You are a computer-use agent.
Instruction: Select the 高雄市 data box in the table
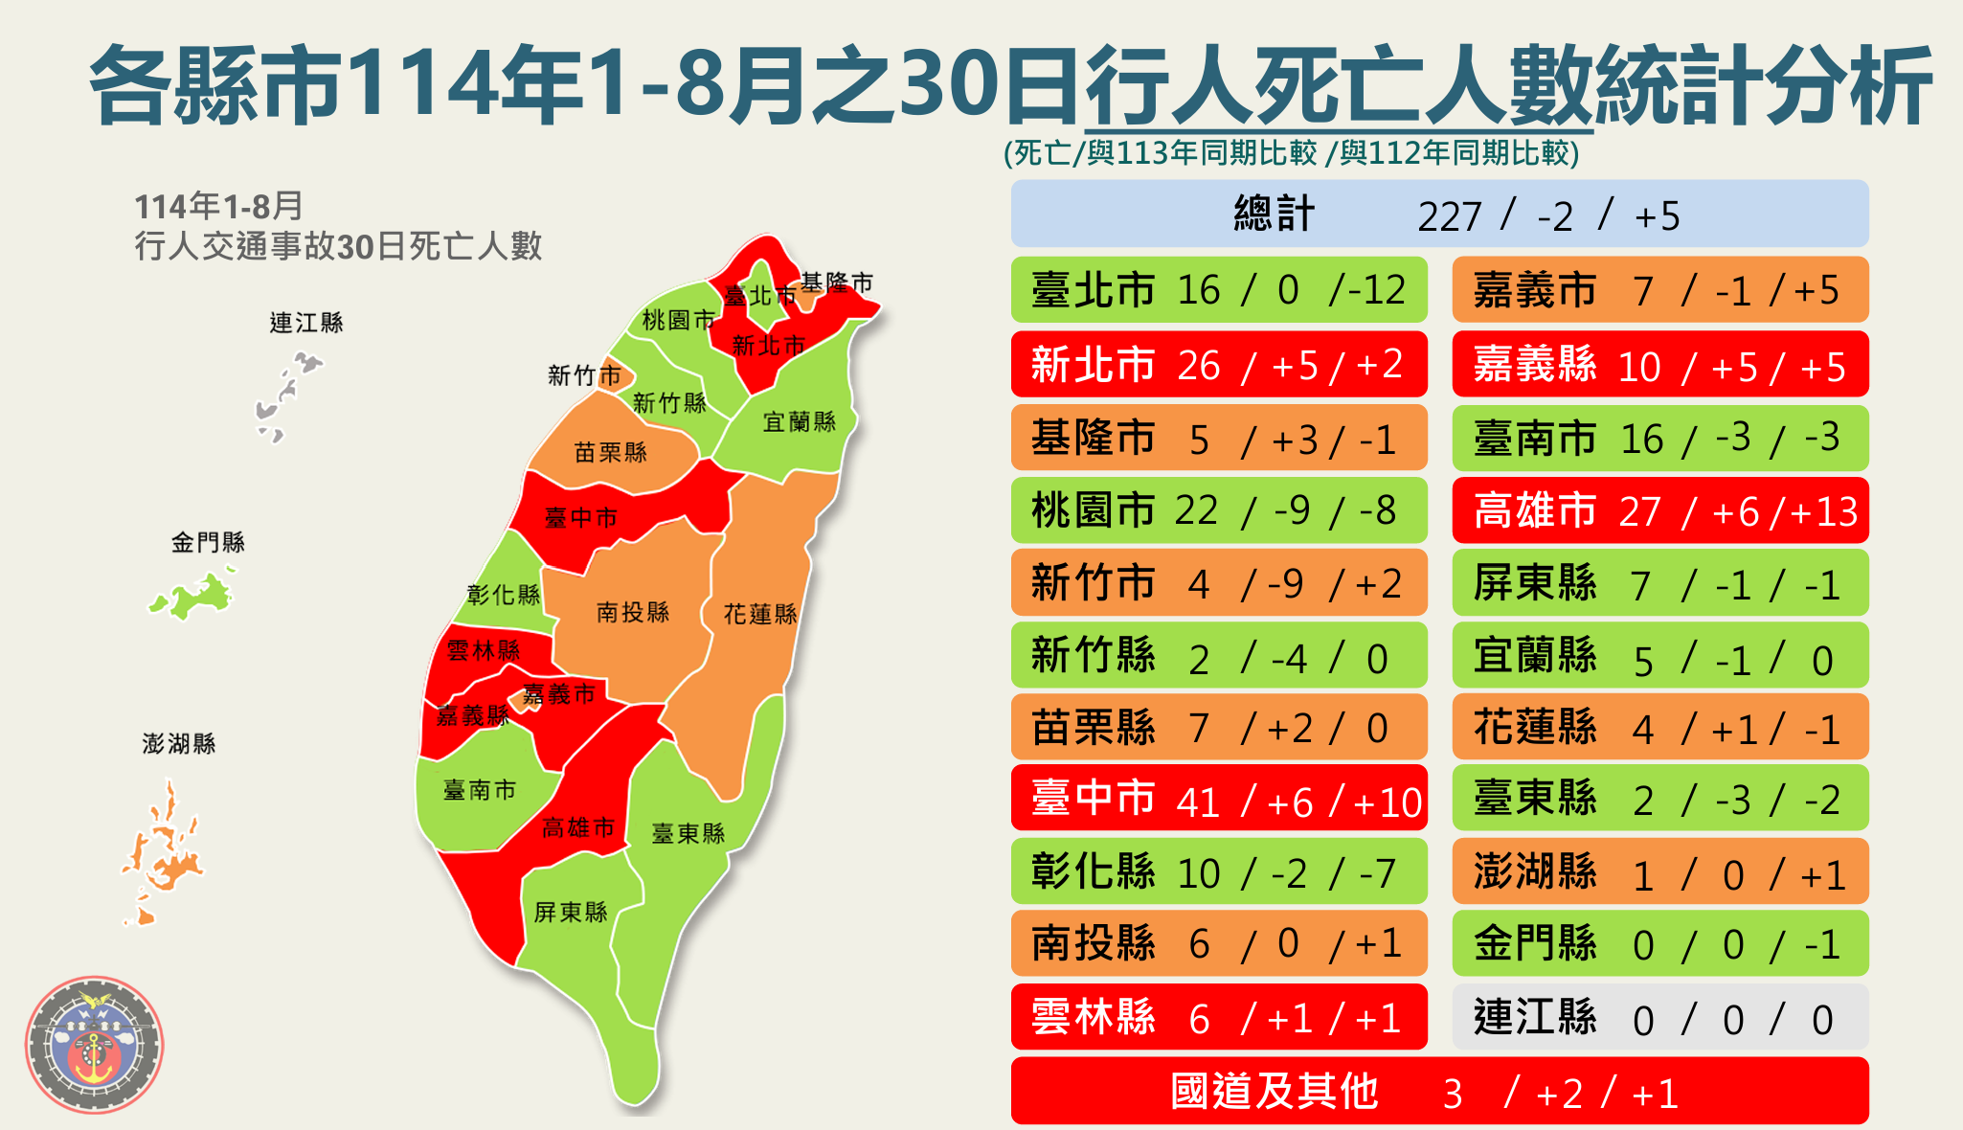[1660, 510]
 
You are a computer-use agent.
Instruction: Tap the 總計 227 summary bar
[1439, 214]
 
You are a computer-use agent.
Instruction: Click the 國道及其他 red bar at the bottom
[1439, 1091]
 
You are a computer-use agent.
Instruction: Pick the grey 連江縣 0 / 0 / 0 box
[1660, 1018]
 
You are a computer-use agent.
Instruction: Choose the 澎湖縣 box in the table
[1660, 871]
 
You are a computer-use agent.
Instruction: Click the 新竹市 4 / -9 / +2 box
[1219, 582]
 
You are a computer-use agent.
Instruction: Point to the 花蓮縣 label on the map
[760, 614]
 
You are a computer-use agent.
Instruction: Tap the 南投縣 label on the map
[633, 612]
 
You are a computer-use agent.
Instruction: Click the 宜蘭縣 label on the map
[800, 421]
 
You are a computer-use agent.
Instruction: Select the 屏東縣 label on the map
[571, 912]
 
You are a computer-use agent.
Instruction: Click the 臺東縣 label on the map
[688, 833]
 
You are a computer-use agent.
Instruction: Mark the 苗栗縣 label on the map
[611, 452]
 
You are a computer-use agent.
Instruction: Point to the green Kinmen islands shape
[196, 596]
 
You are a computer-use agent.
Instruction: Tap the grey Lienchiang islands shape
[285, 393]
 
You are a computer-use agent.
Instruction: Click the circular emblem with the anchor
[94, 1045]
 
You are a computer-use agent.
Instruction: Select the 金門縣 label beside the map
[208, 543]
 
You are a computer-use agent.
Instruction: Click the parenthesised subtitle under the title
[1291, 153]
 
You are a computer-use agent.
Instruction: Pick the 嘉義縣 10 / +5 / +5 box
[1660, 364]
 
